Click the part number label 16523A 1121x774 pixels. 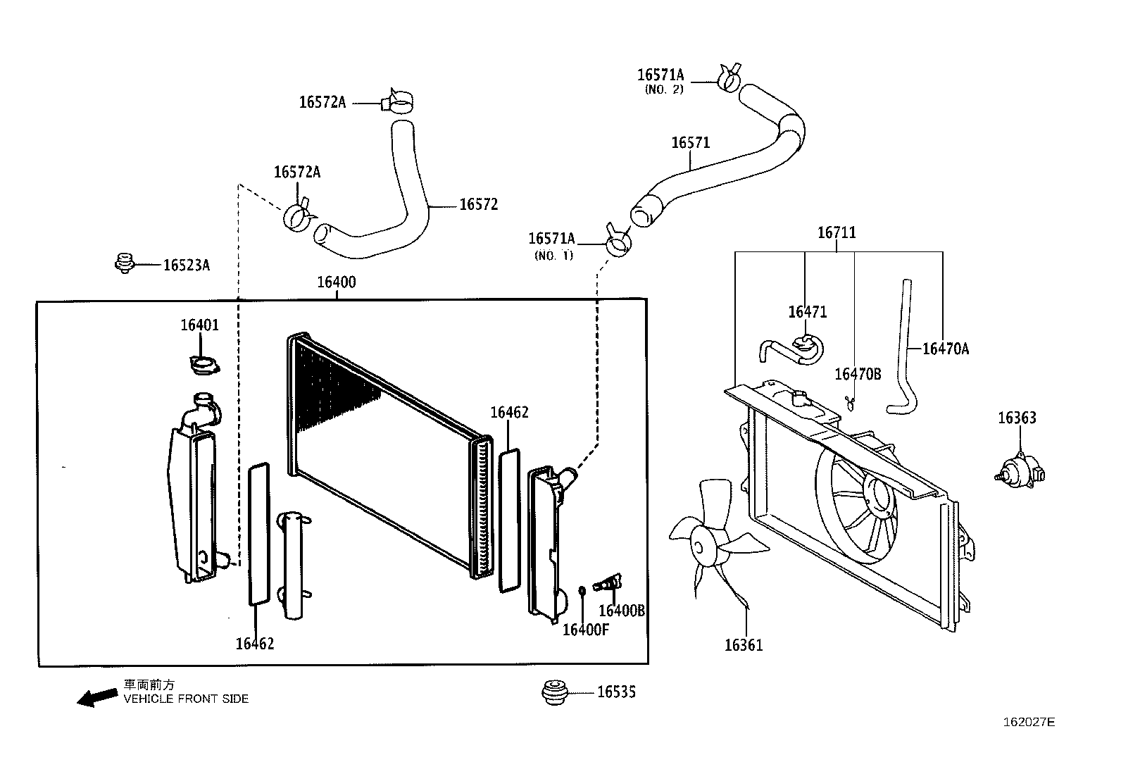[186, 266]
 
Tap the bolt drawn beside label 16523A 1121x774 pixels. [124, 263]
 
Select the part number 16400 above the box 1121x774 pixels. [337, 282]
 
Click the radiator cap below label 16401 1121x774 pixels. [205, 365]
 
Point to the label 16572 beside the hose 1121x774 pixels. [478, 205]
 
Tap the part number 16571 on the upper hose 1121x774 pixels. [690, 143]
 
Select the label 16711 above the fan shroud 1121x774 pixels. [837, 232]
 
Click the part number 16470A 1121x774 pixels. [945, 349]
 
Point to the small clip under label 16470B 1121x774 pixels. [851, 402]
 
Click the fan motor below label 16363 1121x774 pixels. [1020, 469]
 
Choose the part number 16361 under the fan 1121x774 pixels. [744, 645]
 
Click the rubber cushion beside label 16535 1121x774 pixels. [555, 692]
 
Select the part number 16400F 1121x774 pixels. [585, 630]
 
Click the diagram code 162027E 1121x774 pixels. [1029, 722]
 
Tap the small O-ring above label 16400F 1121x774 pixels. [582, 590]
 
